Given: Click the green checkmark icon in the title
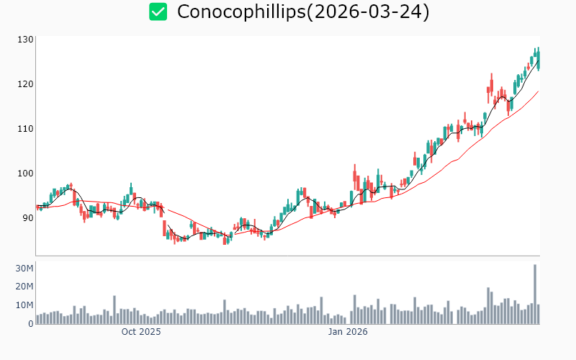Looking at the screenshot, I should coord(158,12).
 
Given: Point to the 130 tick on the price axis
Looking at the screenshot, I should coord(26,40).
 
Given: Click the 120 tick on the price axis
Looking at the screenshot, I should coord(26,84).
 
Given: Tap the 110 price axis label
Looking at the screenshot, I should coord(26,129).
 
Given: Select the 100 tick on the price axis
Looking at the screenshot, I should coord(26,174).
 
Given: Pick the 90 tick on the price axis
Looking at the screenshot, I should coord(27,218).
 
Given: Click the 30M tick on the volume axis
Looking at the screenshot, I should coord(24,269).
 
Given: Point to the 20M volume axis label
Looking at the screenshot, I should coord(24,287).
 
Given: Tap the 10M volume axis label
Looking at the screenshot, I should coord(24,305).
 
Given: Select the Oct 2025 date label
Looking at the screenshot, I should coord(141,332).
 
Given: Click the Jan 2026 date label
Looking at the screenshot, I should coord(348,332).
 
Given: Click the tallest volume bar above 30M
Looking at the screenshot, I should coord(535,294).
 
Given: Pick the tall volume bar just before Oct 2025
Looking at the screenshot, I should coord(114,310).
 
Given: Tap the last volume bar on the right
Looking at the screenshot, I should coord(538,314).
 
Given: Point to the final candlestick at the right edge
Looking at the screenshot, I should coord(538,59).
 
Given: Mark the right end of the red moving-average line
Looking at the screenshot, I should coord(538,91).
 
